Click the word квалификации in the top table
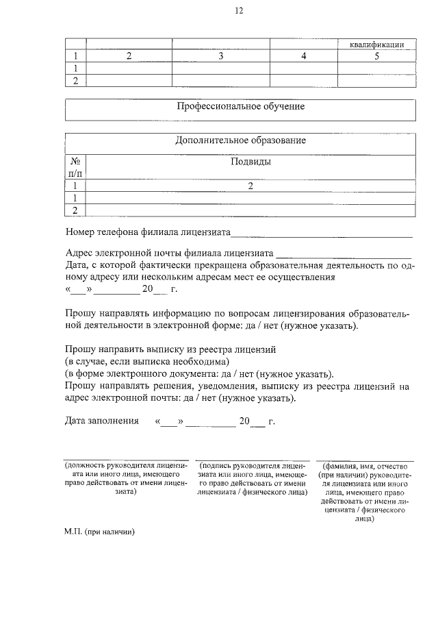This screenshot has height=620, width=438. [x=376, y=45]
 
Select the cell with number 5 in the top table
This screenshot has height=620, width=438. [x=376, y=56]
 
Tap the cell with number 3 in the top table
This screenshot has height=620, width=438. [x=220, y=56]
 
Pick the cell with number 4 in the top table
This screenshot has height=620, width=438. [x=303, y=56]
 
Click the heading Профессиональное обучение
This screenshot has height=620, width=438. [x=240, y=107]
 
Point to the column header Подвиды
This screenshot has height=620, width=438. [x=250, y=162]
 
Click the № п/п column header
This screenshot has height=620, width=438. [x=76, y=168]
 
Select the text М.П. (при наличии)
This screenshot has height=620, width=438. [x=101, y=532]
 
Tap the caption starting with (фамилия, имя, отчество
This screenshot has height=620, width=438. [x=364, y=492]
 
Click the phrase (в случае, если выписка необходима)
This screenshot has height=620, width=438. [x=146, y=361]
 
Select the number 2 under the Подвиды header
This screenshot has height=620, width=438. [x=250, y=186]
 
